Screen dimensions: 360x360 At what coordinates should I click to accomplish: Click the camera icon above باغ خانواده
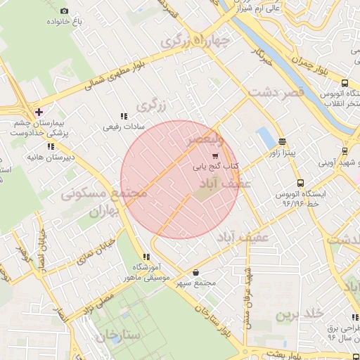(x=65, y=11)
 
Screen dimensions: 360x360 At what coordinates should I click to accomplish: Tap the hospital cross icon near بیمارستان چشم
(x=38, y=111)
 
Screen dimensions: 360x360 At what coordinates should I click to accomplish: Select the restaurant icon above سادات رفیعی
(x=124, y=116)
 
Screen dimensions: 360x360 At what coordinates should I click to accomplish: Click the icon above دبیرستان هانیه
(x=50, y=146)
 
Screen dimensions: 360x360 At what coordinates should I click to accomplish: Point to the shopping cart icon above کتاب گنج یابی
(x=215, y=156)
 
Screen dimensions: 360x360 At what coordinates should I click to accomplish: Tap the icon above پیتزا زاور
(x=282, y=141)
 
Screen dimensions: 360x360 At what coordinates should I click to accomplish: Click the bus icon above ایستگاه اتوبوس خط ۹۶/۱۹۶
(x=301, y=183)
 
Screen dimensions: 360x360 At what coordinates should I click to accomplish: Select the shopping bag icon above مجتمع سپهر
(x=195, y=272)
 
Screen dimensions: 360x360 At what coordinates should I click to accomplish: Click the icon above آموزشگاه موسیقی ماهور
(x=146, y=257)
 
